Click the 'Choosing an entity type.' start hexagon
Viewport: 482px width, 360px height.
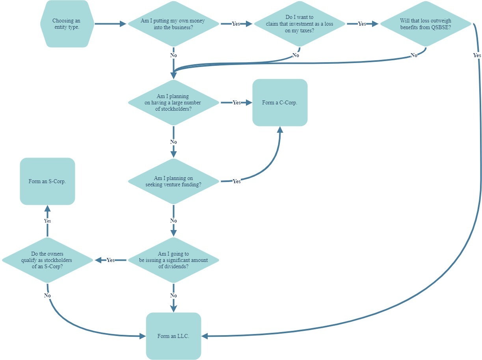(67, 24)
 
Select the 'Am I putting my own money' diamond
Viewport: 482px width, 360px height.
(173, 24)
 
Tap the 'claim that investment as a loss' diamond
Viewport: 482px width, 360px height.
(299, 24)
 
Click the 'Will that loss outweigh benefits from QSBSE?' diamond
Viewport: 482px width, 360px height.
(425, 24)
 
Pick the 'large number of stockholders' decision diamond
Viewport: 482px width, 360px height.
(173, 102)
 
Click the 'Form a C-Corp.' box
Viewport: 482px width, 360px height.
(280, 102)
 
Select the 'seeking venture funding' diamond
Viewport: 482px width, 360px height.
(173, 181)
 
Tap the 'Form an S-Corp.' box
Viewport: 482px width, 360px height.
(47, 182)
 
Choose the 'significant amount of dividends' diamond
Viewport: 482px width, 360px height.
(173, 260)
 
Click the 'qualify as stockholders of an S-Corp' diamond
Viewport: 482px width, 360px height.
(47, 260)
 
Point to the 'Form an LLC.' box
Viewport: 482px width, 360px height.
(173, 336)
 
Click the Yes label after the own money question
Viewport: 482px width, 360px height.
(236, 24)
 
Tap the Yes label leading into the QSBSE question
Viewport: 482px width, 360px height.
(362, 24)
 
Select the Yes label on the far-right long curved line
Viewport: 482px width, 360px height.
(477, 56)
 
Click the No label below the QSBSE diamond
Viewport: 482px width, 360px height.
(414, 56)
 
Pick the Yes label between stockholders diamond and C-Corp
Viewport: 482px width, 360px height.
(236, 103)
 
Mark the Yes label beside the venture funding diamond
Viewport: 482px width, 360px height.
(236, 182)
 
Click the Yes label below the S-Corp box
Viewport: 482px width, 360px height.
(47, 221)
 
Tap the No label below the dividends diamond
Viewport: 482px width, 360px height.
(173, 295)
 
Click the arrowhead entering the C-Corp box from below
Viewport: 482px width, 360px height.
(280, 130)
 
